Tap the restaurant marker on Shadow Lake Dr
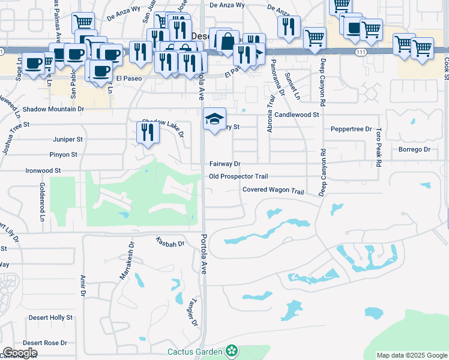point(147,133)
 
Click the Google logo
point(20,353)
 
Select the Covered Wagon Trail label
point(273,190)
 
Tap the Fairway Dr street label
point(224,164)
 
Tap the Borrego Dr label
point(415,149)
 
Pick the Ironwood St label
point(43,170)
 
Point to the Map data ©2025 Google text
point(411,355)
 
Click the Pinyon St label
point(64,155)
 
